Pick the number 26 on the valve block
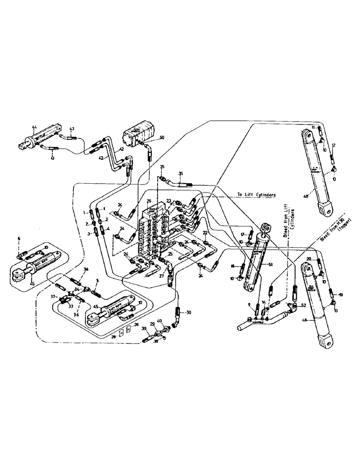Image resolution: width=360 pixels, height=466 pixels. coord(149,201)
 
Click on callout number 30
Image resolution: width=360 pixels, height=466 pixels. coord(189,312)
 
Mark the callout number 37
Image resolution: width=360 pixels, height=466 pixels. coord(54,296)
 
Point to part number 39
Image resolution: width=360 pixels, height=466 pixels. coord(144,329)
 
